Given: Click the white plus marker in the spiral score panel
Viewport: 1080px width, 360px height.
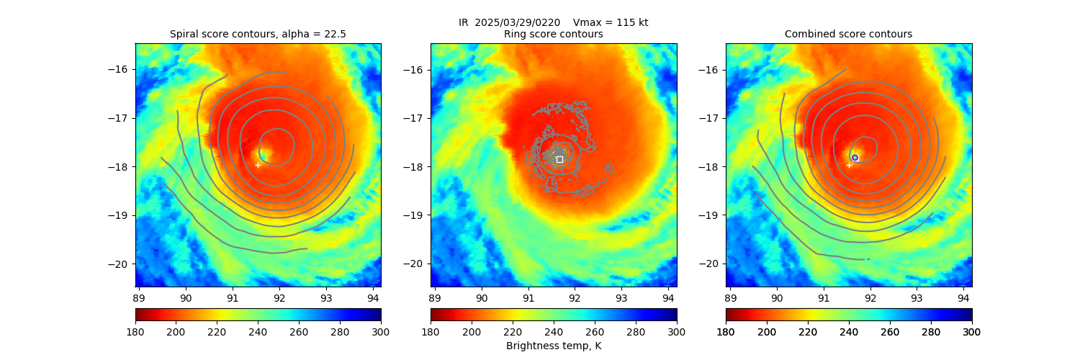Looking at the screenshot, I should (258, 165).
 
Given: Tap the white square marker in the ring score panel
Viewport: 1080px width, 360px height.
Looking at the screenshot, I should (559, 159).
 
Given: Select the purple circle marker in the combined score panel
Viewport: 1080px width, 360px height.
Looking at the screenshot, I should (855, 158).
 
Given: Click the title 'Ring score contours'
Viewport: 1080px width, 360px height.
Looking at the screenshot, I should (553, 34).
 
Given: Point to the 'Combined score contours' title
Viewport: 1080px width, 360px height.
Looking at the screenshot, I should (848, 34).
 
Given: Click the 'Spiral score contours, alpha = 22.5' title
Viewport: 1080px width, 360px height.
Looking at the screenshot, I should (258, 34).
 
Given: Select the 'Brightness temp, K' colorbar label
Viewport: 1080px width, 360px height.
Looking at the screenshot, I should (553, 346).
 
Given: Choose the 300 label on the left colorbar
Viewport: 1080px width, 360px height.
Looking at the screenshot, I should (381, 331).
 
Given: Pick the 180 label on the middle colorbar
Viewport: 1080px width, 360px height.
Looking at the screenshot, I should (431, 331).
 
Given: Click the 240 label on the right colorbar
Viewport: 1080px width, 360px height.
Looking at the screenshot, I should (849, 331).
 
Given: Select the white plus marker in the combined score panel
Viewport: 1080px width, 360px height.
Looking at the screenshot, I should (849, 165).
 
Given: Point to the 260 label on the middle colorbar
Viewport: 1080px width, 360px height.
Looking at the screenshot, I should (595, 331).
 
